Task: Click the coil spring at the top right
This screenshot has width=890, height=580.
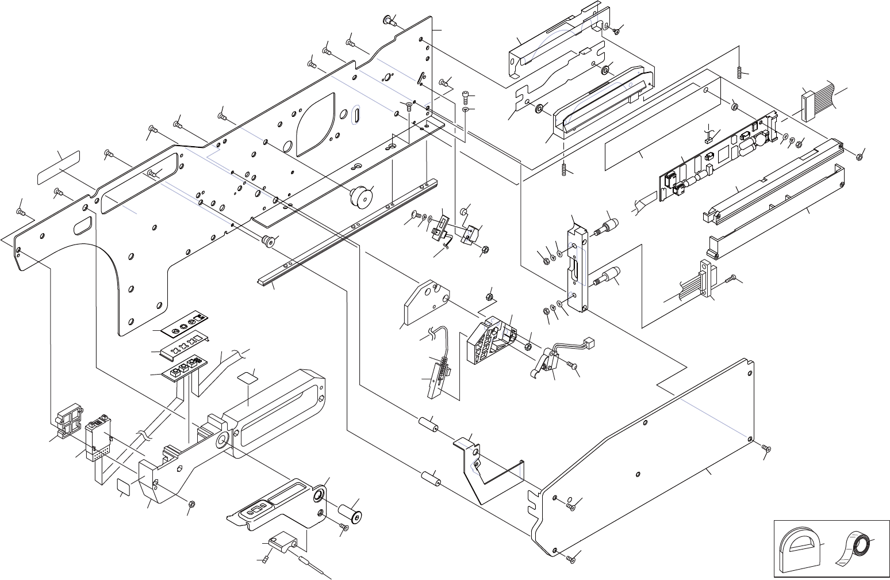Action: click(x=739, y=72)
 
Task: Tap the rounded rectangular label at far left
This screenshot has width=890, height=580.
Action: click(x=59, y=167)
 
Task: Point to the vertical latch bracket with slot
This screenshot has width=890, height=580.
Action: click(x=578, y=265)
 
